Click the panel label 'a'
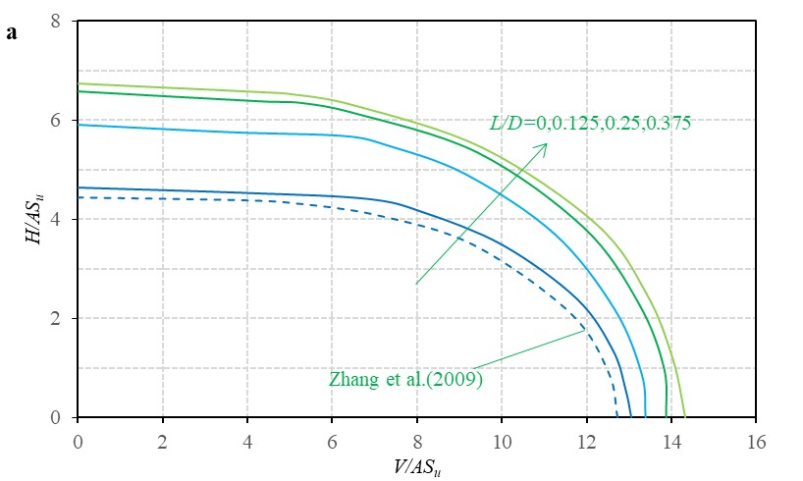pos(12,32)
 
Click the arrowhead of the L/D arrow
pos(546,144)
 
